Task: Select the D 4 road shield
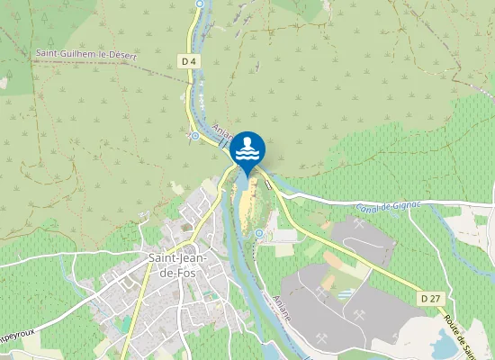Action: (187, 61)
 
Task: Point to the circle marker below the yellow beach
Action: (259, 233)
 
